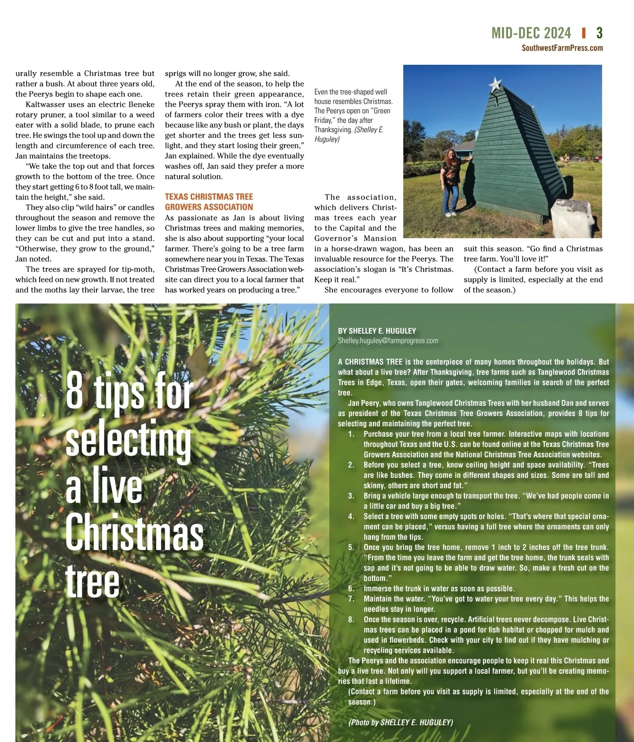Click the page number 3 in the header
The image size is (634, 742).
599,33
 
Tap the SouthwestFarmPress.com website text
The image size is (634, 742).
562,48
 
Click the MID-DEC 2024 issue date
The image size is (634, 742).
531,33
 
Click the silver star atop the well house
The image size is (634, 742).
495,83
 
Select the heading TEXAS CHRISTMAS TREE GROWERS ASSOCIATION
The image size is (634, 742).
209,202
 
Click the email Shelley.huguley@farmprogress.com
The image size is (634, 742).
388,341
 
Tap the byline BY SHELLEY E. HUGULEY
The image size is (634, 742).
377,331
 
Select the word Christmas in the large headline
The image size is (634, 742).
134,532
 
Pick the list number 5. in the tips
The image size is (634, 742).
351,547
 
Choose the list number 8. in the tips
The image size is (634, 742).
351,619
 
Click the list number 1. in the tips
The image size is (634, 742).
351,434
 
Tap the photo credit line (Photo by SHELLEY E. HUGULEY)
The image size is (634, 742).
400,722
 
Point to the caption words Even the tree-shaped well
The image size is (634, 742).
351,92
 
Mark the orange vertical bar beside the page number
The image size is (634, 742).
584,33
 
